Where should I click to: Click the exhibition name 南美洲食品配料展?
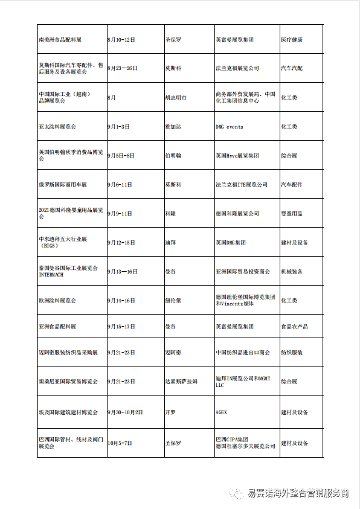point(60,40)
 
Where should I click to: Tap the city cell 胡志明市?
point(176,98)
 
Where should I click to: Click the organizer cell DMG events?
point(230,127)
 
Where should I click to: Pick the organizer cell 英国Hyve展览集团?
point(237,156)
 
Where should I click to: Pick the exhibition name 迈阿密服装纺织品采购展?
point(68,353)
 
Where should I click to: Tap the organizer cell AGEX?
point(221,412)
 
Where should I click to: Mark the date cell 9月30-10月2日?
point(125,412)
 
